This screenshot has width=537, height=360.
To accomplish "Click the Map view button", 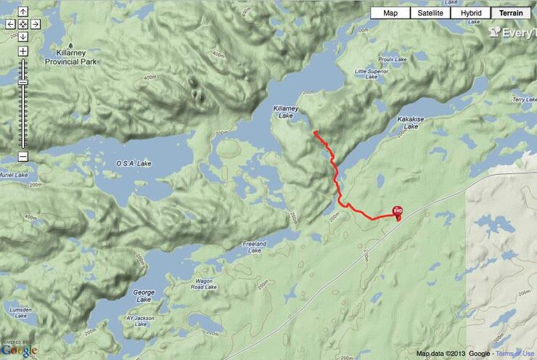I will [390, 13].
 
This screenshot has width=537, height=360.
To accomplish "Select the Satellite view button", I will [430, 13].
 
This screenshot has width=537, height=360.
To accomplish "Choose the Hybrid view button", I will [470, 13].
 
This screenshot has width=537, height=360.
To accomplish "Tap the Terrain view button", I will [511, 13].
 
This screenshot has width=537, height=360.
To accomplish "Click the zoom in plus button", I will [22, 52].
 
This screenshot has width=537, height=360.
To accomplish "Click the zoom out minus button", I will [22, 156].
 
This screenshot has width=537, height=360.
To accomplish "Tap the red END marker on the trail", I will [398, 211].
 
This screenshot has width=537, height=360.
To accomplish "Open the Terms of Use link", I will [516, 353].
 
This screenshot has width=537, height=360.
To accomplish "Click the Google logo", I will [19, 350].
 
